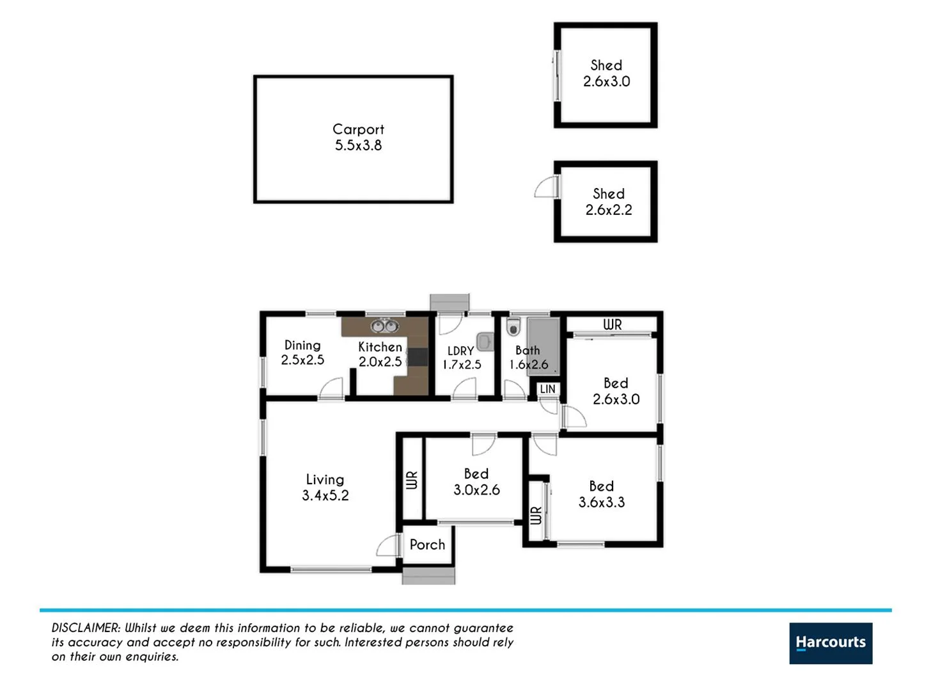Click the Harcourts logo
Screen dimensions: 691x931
[830, 643]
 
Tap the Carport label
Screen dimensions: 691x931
[358, 129]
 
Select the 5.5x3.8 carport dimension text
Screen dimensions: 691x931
[358, 146]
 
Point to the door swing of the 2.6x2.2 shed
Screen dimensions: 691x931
[545, 187]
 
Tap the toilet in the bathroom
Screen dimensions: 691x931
[513, 328]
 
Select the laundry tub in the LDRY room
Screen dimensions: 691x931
[485, 342]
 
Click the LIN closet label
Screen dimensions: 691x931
[547, 389]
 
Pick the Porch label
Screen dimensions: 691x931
[427, 544]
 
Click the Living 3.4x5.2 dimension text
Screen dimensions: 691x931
[325, 496]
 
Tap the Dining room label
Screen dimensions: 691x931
[302, 345]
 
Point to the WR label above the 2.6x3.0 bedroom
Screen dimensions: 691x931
[612, 325]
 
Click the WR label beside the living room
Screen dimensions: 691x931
[411, 480]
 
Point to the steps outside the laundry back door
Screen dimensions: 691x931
[450, 301]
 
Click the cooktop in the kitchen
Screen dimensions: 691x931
[418, 357]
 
